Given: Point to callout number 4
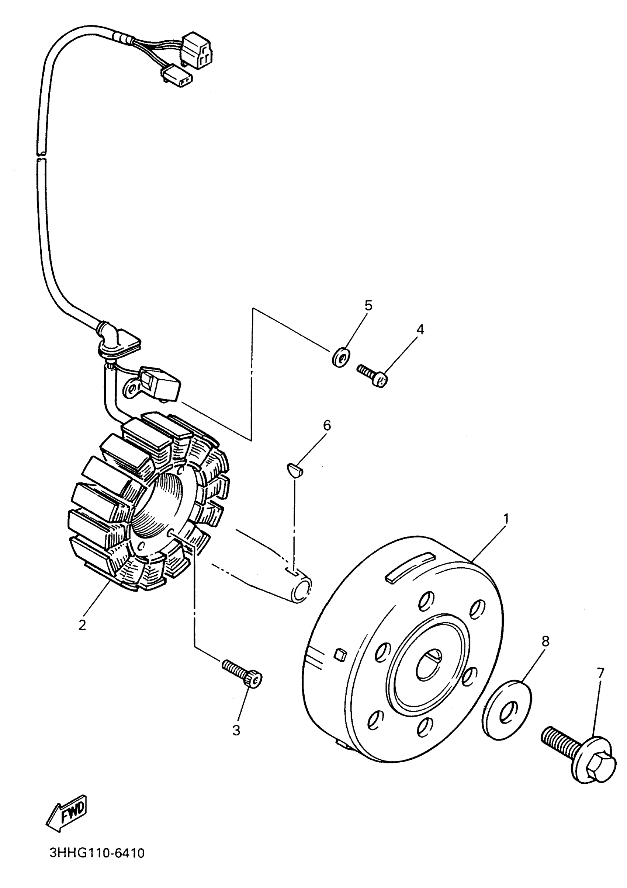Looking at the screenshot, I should (420, 329).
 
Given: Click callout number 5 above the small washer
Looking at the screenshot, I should (368, 306).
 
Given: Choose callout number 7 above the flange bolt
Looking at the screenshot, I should (600, 673).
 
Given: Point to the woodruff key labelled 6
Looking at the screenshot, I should (296, 470).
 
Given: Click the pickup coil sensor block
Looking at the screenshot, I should (160, 383).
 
